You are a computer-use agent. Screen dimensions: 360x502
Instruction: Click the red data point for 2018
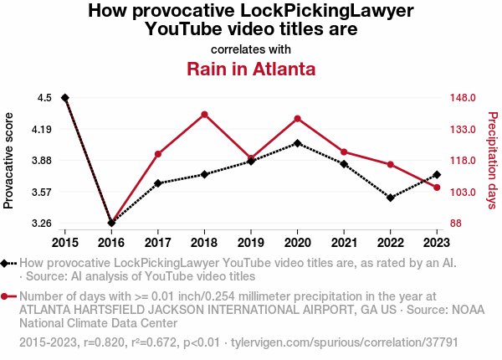[204, 114]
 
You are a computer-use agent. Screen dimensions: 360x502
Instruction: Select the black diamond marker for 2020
[297, 143]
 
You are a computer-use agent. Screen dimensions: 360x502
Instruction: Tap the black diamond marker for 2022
[390, 198]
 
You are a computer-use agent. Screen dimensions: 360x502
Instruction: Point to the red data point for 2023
[437, 188]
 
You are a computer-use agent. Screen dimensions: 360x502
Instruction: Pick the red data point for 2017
[157, 154]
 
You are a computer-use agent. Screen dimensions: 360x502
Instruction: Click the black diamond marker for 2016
[111, 223]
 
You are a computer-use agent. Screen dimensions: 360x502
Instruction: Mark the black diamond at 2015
[65, 98]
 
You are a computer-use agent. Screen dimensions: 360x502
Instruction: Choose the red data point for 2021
[344, 152]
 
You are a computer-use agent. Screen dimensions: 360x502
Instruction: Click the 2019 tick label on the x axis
[251, 243]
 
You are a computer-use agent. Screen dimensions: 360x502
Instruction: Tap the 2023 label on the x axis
[437, 243]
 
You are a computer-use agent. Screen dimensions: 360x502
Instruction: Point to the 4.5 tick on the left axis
[44, 98]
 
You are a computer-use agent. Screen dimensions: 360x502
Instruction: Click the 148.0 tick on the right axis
[463, 98]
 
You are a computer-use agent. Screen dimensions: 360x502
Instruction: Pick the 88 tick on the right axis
[455, 224]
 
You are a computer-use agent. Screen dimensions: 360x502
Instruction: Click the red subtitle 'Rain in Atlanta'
[251, 69]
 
